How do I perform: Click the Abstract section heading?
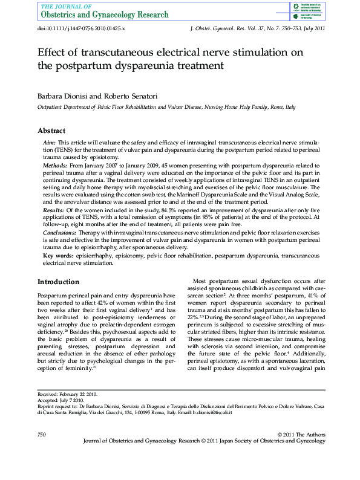(x=51, y=131)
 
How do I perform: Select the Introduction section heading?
(x=58, y=282)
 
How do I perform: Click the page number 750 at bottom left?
(x=42, y=435)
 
